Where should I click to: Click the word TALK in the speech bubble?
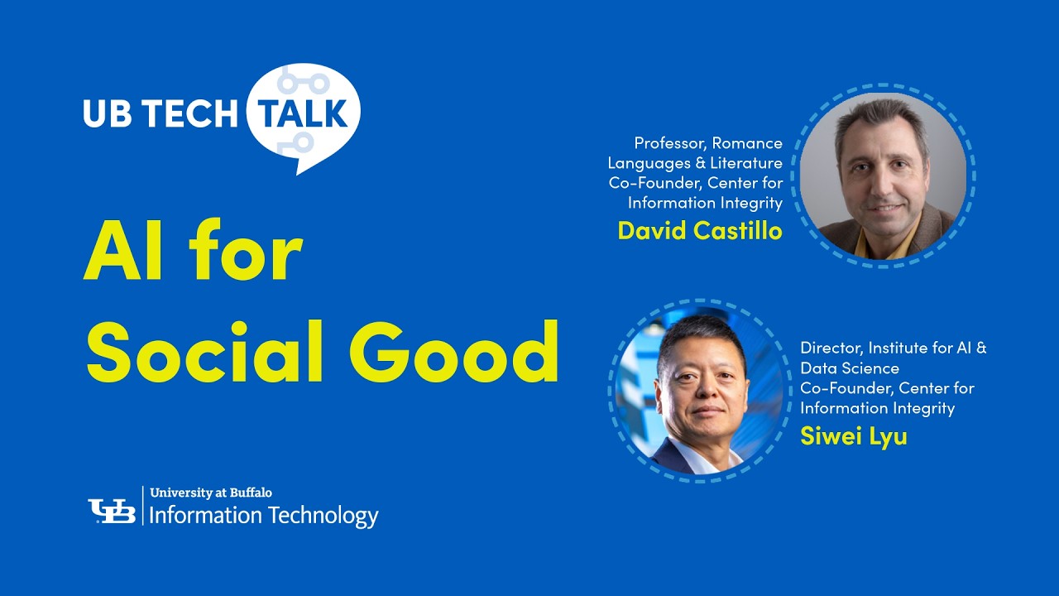pos(303,114)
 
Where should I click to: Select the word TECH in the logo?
pos(187,114)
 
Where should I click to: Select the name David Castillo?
pos(699,231)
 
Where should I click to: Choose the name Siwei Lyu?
pos(853,436)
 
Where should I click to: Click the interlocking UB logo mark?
pos(112,511)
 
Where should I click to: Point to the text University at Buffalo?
pos(211,493)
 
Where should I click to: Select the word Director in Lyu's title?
pos(831,348)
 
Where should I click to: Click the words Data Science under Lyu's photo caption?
pos(849,368)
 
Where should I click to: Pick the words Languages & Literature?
pos(695,163)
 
